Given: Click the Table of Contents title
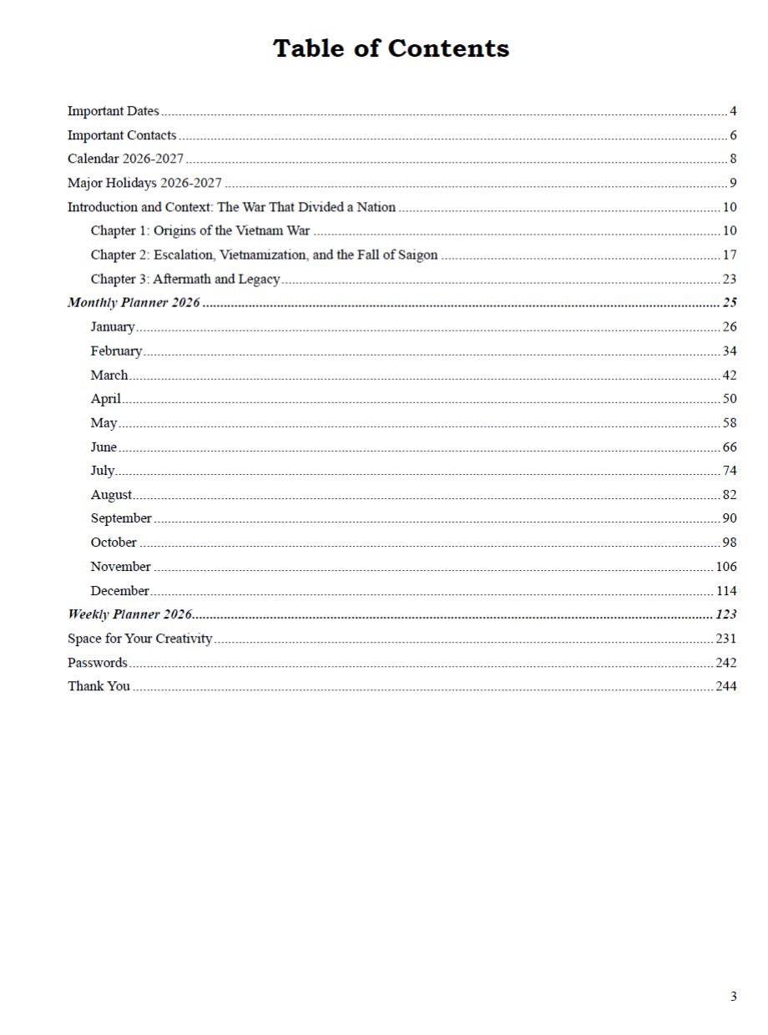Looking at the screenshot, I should (x=391, y=48).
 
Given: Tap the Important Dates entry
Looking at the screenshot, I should (x=113, y=111).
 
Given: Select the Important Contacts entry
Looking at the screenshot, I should (x=122, y=135).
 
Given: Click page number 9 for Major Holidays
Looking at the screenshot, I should (x=732, y=184).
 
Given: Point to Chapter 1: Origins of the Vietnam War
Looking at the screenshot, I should (x=200, y=231).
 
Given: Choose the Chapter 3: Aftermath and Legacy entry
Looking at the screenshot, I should (x=185, y=280).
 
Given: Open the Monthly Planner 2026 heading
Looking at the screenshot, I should (x=134, y=303).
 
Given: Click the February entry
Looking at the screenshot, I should (x=116, y=351).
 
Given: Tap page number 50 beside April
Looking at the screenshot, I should (x=730, y=399).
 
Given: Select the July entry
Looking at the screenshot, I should (x=103, y=471).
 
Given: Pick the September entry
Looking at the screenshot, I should (x=121, y=518).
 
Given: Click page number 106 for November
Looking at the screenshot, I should (x=726, y=567).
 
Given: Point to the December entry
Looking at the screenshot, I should (x=119, y=591).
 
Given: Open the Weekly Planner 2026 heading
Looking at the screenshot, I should (x=130, y=615).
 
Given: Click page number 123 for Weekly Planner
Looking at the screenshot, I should (x=726, y=615).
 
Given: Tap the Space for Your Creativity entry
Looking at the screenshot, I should (x=139, y=639).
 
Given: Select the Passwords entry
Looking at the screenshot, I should (x=97, y=664).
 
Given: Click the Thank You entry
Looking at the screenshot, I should (x=99, y=687).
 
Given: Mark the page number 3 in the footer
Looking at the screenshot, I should (x=733, y=996).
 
